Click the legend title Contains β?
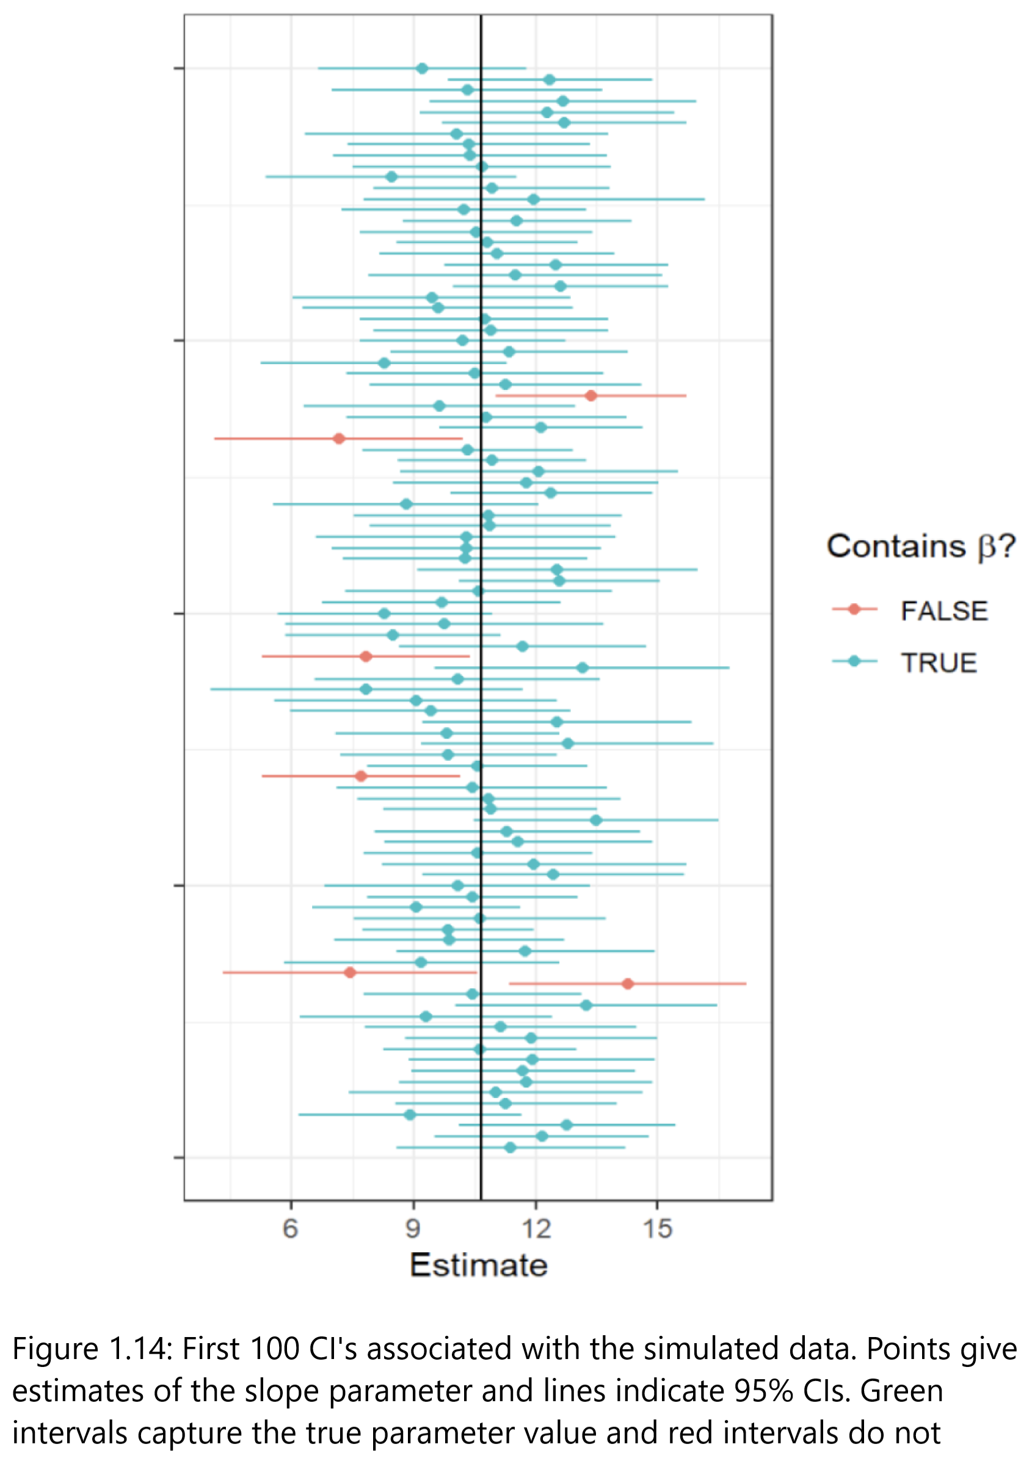[920, 546]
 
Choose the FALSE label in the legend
[944, 611]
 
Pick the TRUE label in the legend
[938, 663]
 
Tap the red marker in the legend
[854, 609]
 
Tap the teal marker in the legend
[854, 661]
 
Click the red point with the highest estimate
[627, 984]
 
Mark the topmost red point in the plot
[591, 396]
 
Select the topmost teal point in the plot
[422, 68]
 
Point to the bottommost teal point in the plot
[510, 1148]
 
